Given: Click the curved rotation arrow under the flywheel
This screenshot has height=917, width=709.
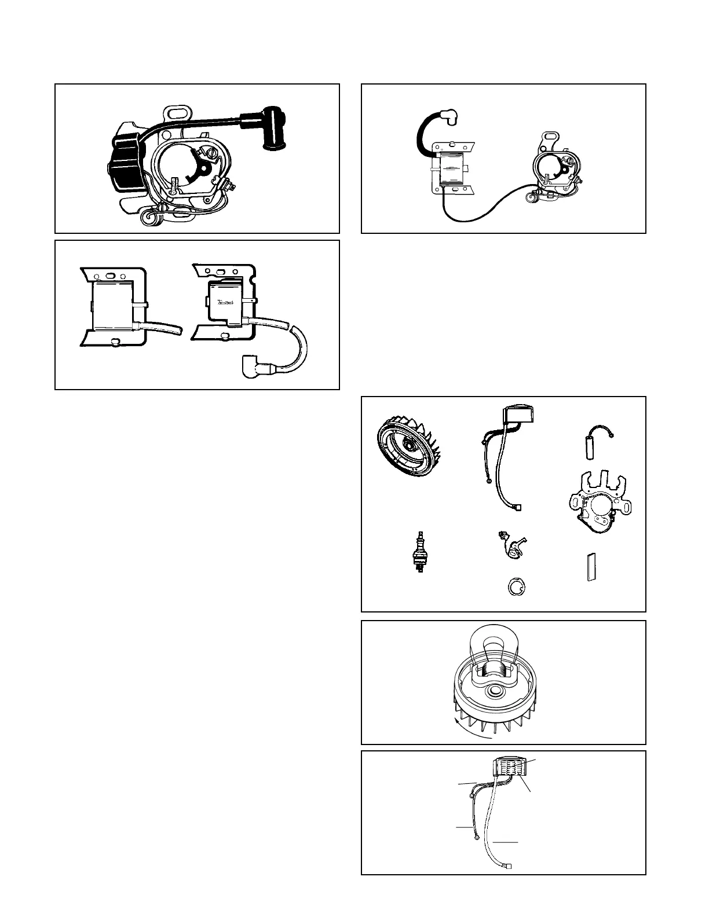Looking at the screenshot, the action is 472,731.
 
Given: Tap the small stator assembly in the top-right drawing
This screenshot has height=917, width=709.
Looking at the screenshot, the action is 554,168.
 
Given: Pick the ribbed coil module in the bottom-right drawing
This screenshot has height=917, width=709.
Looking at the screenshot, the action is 510,769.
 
